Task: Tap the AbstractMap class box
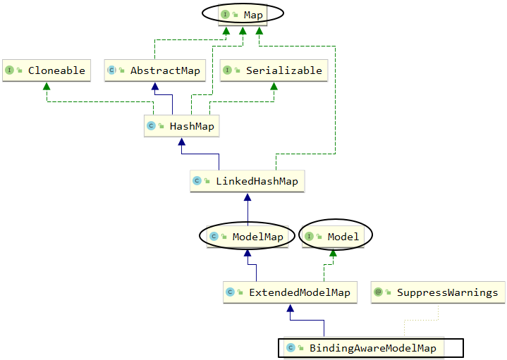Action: point(155,70)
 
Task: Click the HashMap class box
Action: point(181,126)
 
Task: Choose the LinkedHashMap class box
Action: point(247,181)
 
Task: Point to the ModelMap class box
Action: point(247,237)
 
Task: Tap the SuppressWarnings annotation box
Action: point(437,292)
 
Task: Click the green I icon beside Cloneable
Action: point(10,70)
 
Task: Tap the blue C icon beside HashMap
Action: point(151,126)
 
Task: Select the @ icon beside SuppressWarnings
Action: point(379,292)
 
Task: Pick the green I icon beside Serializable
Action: point(228,70)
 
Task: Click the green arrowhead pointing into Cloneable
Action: point(47,86)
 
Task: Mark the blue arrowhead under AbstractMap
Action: point(155,86)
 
